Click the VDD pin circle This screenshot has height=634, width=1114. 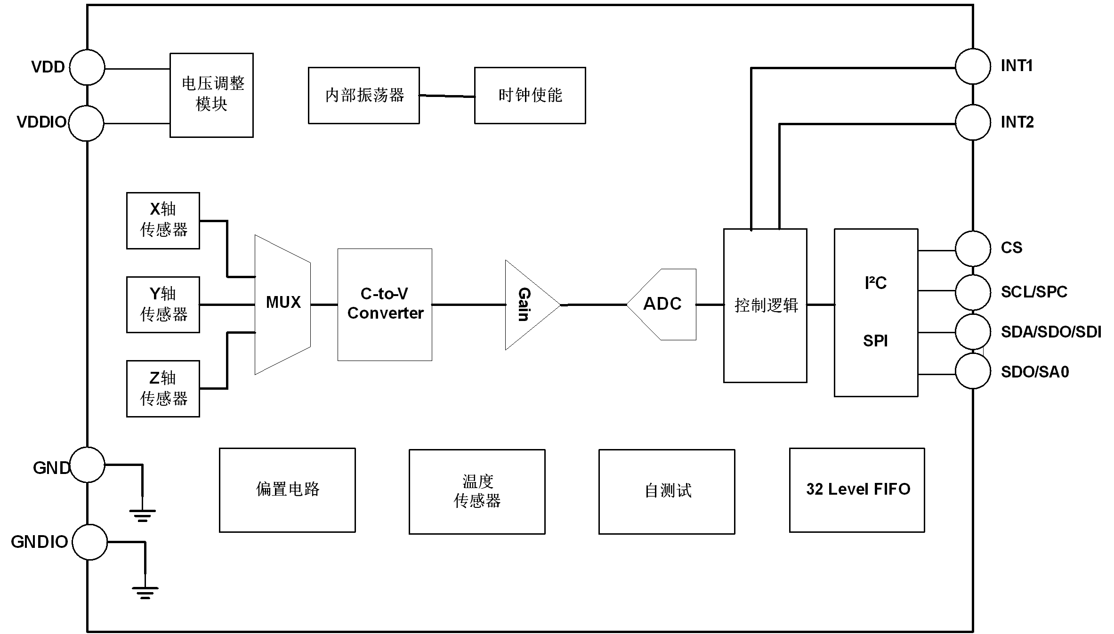pyautogui.click(x=87, y=67)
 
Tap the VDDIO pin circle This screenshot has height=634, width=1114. pyautogui.click(x=86, y=123)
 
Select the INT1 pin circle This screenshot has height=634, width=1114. pyautogui.click(x=973, y=66)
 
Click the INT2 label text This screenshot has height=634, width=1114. pyautogui.click(x=1017, y=122)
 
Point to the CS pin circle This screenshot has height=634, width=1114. pyautogui.click(x=973, y=249)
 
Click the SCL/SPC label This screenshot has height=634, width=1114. pyautogui.click(x=1033, y=292)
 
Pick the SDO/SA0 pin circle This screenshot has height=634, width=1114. pyautogui.click(x=973, y=371)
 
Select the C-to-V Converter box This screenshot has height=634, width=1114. pyautogui.click(x=385, y=304)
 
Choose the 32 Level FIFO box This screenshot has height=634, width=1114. pyautogui.click(x=857, y=490)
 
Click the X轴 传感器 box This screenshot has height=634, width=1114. pyautogui.click(x=163, y=220)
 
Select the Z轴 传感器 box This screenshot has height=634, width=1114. pyautogui.click(x=163, y=388)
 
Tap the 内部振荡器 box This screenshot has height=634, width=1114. pyautogui.click(x=364, y=96)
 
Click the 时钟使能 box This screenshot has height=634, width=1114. pyautogui.click(x=530, y=96)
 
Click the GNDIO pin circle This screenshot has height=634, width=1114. pyautogui.click(x=89, y=542)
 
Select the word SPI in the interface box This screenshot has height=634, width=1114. pyautogui.click(x=875, y=341)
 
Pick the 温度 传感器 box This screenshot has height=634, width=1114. pyautogui.click(x=477, y=491)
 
